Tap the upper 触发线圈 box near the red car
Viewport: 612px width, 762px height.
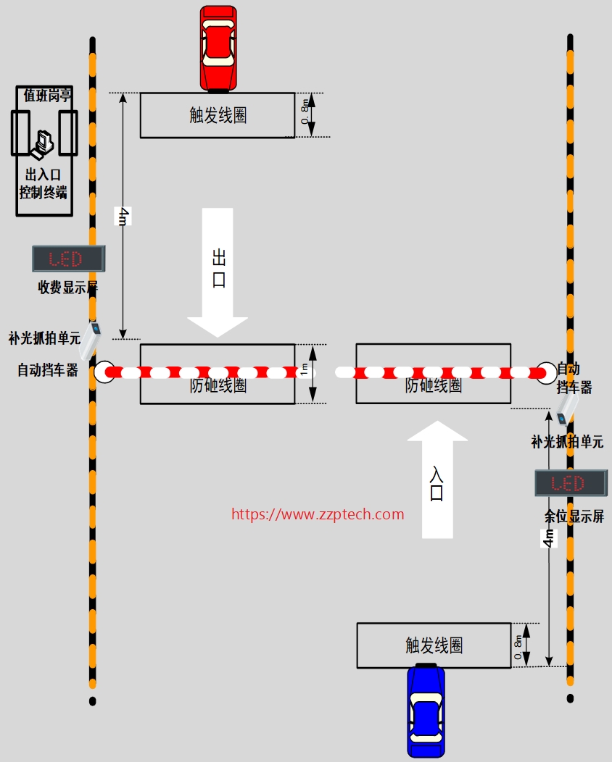(218, 115)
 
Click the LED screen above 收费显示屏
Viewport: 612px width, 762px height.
(68, 259)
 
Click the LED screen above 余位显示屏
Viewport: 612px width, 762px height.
(570, 483)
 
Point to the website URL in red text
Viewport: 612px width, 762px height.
(318, 514)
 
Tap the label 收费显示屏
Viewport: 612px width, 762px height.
(67, 288)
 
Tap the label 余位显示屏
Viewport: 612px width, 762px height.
(574, 516)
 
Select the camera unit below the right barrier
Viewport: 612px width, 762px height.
(566, 410)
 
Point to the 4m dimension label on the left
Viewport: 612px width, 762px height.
(123, 216)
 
